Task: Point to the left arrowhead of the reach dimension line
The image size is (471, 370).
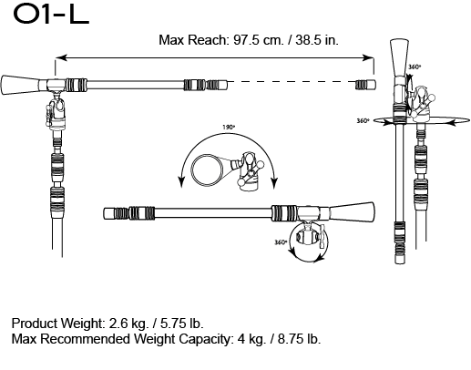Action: click(57, 57)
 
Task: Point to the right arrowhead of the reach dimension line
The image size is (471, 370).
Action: click(371, 57)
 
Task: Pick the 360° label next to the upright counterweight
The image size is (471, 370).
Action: click(415, 67)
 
